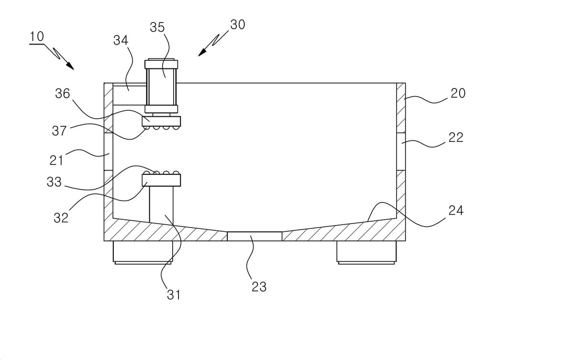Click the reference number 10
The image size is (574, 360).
37,36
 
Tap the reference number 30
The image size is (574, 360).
238,24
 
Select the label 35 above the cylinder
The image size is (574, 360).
157,27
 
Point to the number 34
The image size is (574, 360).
121,41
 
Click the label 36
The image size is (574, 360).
63,93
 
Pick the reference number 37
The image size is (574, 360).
59,131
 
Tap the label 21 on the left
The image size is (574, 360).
56,160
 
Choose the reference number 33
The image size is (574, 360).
54,182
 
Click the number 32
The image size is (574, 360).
61,218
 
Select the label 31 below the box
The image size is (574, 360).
174,295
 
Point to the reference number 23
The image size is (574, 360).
259,287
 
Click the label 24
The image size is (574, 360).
456,211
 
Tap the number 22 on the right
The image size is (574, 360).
456,137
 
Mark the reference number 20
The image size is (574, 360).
458,93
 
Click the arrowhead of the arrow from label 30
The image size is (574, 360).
202,52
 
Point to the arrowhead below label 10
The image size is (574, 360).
70,66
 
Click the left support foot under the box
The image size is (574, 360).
143,253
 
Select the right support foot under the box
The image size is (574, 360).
366,253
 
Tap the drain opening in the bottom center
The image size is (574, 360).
254,236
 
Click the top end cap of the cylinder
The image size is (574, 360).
161,64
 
